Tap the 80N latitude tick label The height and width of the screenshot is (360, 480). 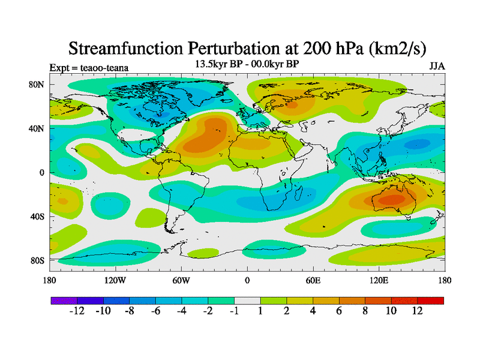tap(37, 85)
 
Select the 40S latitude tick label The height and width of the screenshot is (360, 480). tap(37, 216)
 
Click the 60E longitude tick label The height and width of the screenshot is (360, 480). tap(313, 280)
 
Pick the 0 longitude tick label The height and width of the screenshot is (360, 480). tap(247, 280)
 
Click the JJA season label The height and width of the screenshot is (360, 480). tap(436, 66)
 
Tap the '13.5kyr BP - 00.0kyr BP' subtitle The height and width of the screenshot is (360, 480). tap(247, 63)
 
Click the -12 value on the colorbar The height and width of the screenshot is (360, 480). tap(76, 311)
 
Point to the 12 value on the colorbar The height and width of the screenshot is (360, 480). tap(418, 311)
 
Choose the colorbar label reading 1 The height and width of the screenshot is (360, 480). tap(260, 311)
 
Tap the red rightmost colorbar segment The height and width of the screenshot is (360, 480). tap(430, 300)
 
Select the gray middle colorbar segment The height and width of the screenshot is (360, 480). tap(247, 300)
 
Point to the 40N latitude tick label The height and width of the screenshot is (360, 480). tap(37, 128)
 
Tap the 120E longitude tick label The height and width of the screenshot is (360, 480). tap(379, 280)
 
